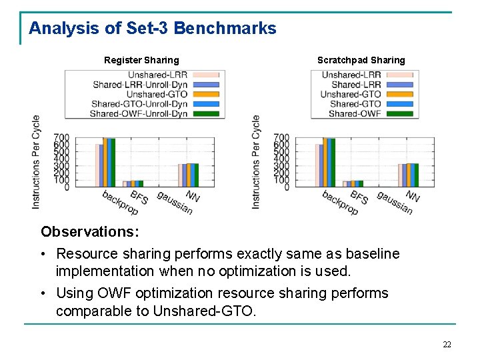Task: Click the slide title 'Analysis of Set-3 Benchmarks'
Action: click(152, 29)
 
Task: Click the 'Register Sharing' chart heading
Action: click(141, 60)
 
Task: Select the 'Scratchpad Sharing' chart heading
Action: click(361, 60)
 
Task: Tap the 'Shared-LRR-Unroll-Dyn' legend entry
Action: click(139, 85)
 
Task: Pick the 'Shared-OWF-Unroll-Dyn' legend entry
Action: click(139, 113)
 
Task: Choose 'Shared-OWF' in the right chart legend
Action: click(355, 113)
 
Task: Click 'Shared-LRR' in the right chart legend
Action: click(356, 85)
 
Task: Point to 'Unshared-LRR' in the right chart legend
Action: click(351, 75)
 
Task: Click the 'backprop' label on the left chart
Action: click(120, 203)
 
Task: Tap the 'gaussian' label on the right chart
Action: click(395, 203)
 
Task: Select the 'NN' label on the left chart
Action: click(193, 196)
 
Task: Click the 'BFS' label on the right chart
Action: click(359, 197)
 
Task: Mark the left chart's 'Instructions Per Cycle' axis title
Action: click(36, 162)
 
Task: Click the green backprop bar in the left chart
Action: click(113, 162)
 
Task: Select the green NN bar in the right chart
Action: click(416, 175)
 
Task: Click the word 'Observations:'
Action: click(90, 232)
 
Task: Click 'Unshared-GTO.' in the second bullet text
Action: click(204, 311)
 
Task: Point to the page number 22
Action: click(447, 345)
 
